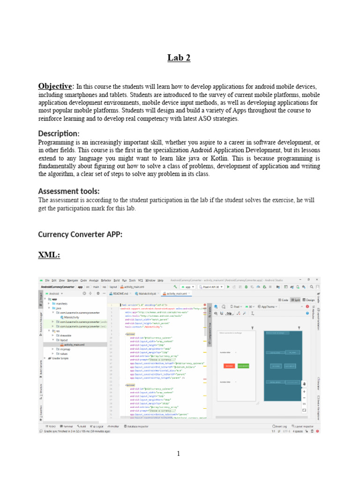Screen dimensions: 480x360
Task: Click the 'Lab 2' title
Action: [x=180, y=58]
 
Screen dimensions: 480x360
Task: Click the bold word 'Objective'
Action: [x=55, y=86]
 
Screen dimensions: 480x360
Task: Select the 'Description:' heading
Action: [x=59, y=134]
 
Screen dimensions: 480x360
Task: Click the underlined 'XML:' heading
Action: [x=49, y=255]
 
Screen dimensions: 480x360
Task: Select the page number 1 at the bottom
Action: [x=179, y=454]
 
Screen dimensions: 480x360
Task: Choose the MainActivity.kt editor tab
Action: [x=145, y=293]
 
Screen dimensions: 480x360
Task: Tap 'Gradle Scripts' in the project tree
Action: [x=61, y=358]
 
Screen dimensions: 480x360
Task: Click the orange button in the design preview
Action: [x=229, y=366]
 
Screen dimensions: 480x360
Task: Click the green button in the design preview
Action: [x=243, y=366]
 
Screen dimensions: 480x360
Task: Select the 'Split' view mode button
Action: [x=296, y=300]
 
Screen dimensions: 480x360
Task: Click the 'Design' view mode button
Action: [x=309, y=300]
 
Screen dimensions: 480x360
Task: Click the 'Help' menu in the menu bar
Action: [x=160, y=280]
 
